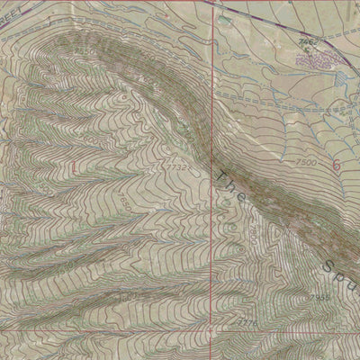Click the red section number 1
tap(72, 166)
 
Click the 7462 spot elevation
tap(308, 41)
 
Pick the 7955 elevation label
tap(319, 297)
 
